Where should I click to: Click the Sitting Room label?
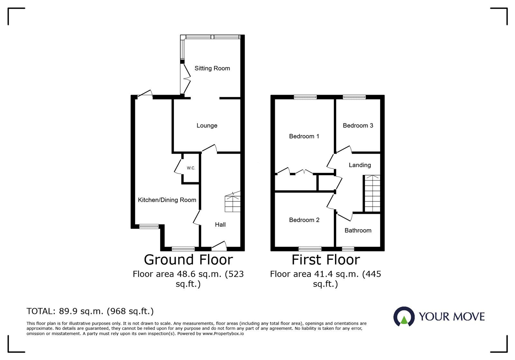pyautogui.click(x=212, y=68)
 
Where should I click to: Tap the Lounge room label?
pyautogui.click(x=207, y=125)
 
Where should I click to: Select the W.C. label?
pyautogui.click(x=191, y=168)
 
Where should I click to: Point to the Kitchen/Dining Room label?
pyautogui.click(x=167, y=200)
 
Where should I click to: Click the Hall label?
pyautogui.click(x=220, y=225)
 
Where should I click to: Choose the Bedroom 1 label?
pyautogui.click(x=304, y=136)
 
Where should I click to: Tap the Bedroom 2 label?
pyautogui.click(x=304, y=220)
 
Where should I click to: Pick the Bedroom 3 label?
pyautogui.click(x=358, y=125)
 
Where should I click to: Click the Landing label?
pyautogui.click(x=360, y=165)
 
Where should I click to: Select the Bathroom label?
pyautogui.click(x=358, y=230)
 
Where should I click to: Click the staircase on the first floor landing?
pyautogui.click(x=372, y=193)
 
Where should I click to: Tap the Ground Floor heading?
pyautogui.click(x=188, y=260)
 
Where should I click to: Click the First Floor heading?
pyautogui.click(x=325, y=260)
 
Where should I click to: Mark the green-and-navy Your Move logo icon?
pyautogui.click(x=404, y=317)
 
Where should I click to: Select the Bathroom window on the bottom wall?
pyautogui.click(x=348, y=248)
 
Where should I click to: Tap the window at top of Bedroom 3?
pyautogui.click(x=354, y=97)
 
